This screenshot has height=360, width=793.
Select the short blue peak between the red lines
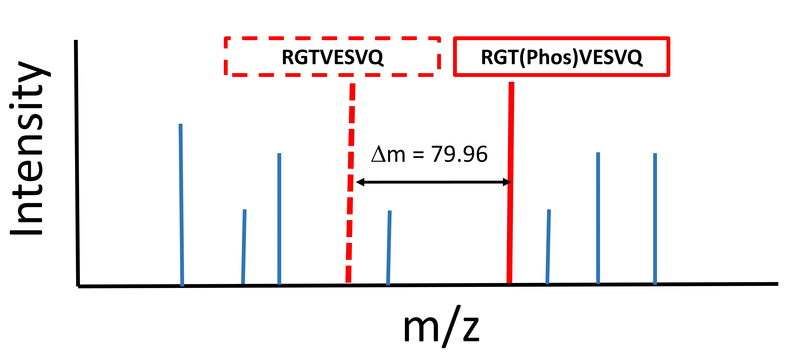[x=389, y=248]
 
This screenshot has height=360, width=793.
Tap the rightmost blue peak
[x=655, y=219]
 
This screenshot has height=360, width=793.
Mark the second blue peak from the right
[x=598, y=218]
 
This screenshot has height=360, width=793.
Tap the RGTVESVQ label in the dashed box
[x=332, y=57]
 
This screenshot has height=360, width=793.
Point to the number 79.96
[x=459, y=154]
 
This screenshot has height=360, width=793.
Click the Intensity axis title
[x=28, y=148]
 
